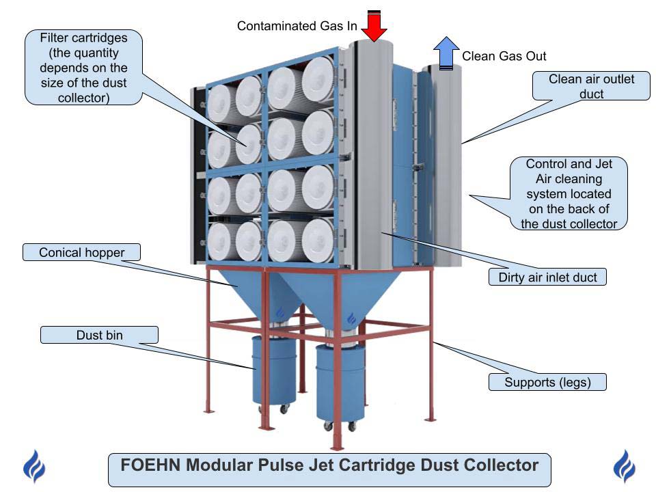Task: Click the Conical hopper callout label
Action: click(81, 253)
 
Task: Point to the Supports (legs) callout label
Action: click(548, 382)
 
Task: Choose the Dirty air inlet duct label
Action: click(547, 277)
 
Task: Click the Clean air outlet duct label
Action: click(591, 86)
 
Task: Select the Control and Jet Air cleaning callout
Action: click(569, 194)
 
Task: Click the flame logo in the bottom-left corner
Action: click(33, 467)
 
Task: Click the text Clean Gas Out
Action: click(504, 56)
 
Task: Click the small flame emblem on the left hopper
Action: click(279, 312)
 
